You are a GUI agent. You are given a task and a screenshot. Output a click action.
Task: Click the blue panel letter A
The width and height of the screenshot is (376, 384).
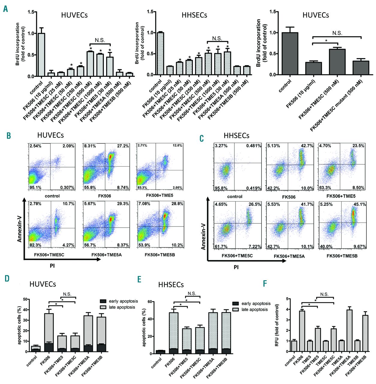coord(6,9)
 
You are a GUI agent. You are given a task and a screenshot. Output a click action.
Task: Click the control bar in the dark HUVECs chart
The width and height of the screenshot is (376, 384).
coord(290,53)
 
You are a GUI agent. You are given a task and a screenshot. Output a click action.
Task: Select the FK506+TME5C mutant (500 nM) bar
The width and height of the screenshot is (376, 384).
coord(361,68)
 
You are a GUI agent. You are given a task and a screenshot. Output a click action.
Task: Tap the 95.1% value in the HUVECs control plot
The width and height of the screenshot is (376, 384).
coord(35,187)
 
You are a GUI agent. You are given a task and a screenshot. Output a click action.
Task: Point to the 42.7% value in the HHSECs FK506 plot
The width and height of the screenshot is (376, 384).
coord(307,146)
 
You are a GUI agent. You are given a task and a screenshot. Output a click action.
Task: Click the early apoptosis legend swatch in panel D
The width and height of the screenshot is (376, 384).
coord(103,301)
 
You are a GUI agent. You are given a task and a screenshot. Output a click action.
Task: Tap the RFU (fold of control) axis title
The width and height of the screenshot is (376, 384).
coord(277,325)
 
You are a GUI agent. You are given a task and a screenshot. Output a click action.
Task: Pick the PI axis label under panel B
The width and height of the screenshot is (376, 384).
coord(52,265)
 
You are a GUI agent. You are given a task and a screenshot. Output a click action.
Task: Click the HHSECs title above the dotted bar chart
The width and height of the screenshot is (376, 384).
coord(194,15)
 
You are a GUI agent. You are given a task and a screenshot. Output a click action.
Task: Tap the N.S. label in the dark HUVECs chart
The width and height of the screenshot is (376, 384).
coord(337,33)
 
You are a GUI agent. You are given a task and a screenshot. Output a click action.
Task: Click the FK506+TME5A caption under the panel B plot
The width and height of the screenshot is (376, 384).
coord(106,255)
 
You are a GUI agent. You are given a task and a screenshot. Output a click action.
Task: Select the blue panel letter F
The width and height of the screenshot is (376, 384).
coord(265,283)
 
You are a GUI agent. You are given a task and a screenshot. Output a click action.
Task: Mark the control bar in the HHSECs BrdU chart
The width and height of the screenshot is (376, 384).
coord(161,53)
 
